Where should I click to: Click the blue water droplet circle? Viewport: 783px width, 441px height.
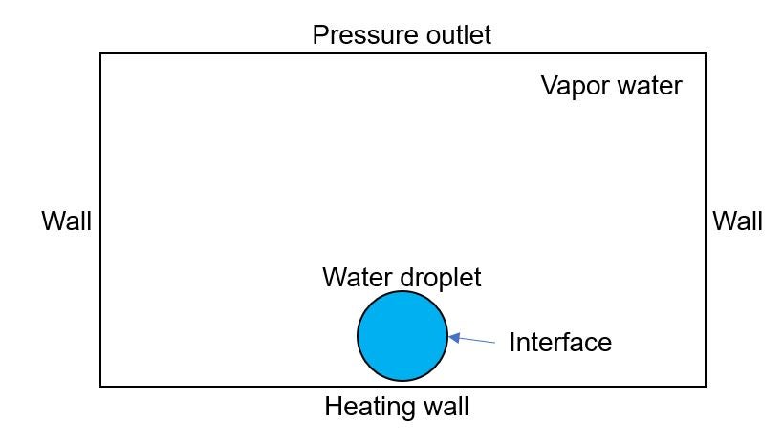click(x=402, y=336)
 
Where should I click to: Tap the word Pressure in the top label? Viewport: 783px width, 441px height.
click(x=359, y=35)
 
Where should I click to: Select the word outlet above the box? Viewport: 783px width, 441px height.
click(x=452, y=35)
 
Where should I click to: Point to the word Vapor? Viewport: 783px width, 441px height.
click(x=576, y=86)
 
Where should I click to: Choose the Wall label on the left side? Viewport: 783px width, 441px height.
click(x=66, y=220)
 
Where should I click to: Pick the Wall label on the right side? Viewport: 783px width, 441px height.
click(x=737, y=220)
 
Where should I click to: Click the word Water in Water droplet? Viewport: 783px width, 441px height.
click(x=357, y=277)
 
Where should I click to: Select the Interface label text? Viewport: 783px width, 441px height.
click(x=560, y=343)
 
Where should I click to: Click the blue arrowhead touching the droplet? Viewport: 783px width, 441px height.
click(x=454, y=338)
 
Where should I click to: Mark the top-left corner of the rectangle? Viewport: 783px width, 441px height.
click(x=100, y=53)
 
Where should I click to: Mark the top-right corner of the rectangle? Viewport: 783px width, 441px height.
click(x=706, y=53)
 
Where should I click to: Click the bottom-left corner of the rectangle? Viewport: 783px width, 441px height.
click(x=100, y=387)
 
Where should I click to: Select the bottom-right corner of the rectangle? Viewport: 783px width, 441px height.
click(x=706, y=387)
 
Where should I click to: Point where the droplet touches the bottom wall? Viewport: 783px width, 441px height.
click(x=402, y=383)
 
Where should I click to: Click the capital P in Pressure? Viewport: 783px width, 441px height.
click(x=320, y=35)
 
